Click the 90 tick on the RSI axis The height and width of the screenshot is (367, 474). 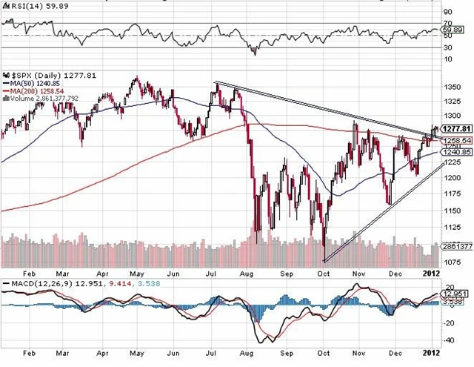coord(447,13)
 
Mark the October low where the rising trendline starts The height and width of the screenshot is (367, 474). coord(324,260)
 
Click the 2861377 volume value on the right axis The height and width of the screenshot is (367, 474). coord(455,244)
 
